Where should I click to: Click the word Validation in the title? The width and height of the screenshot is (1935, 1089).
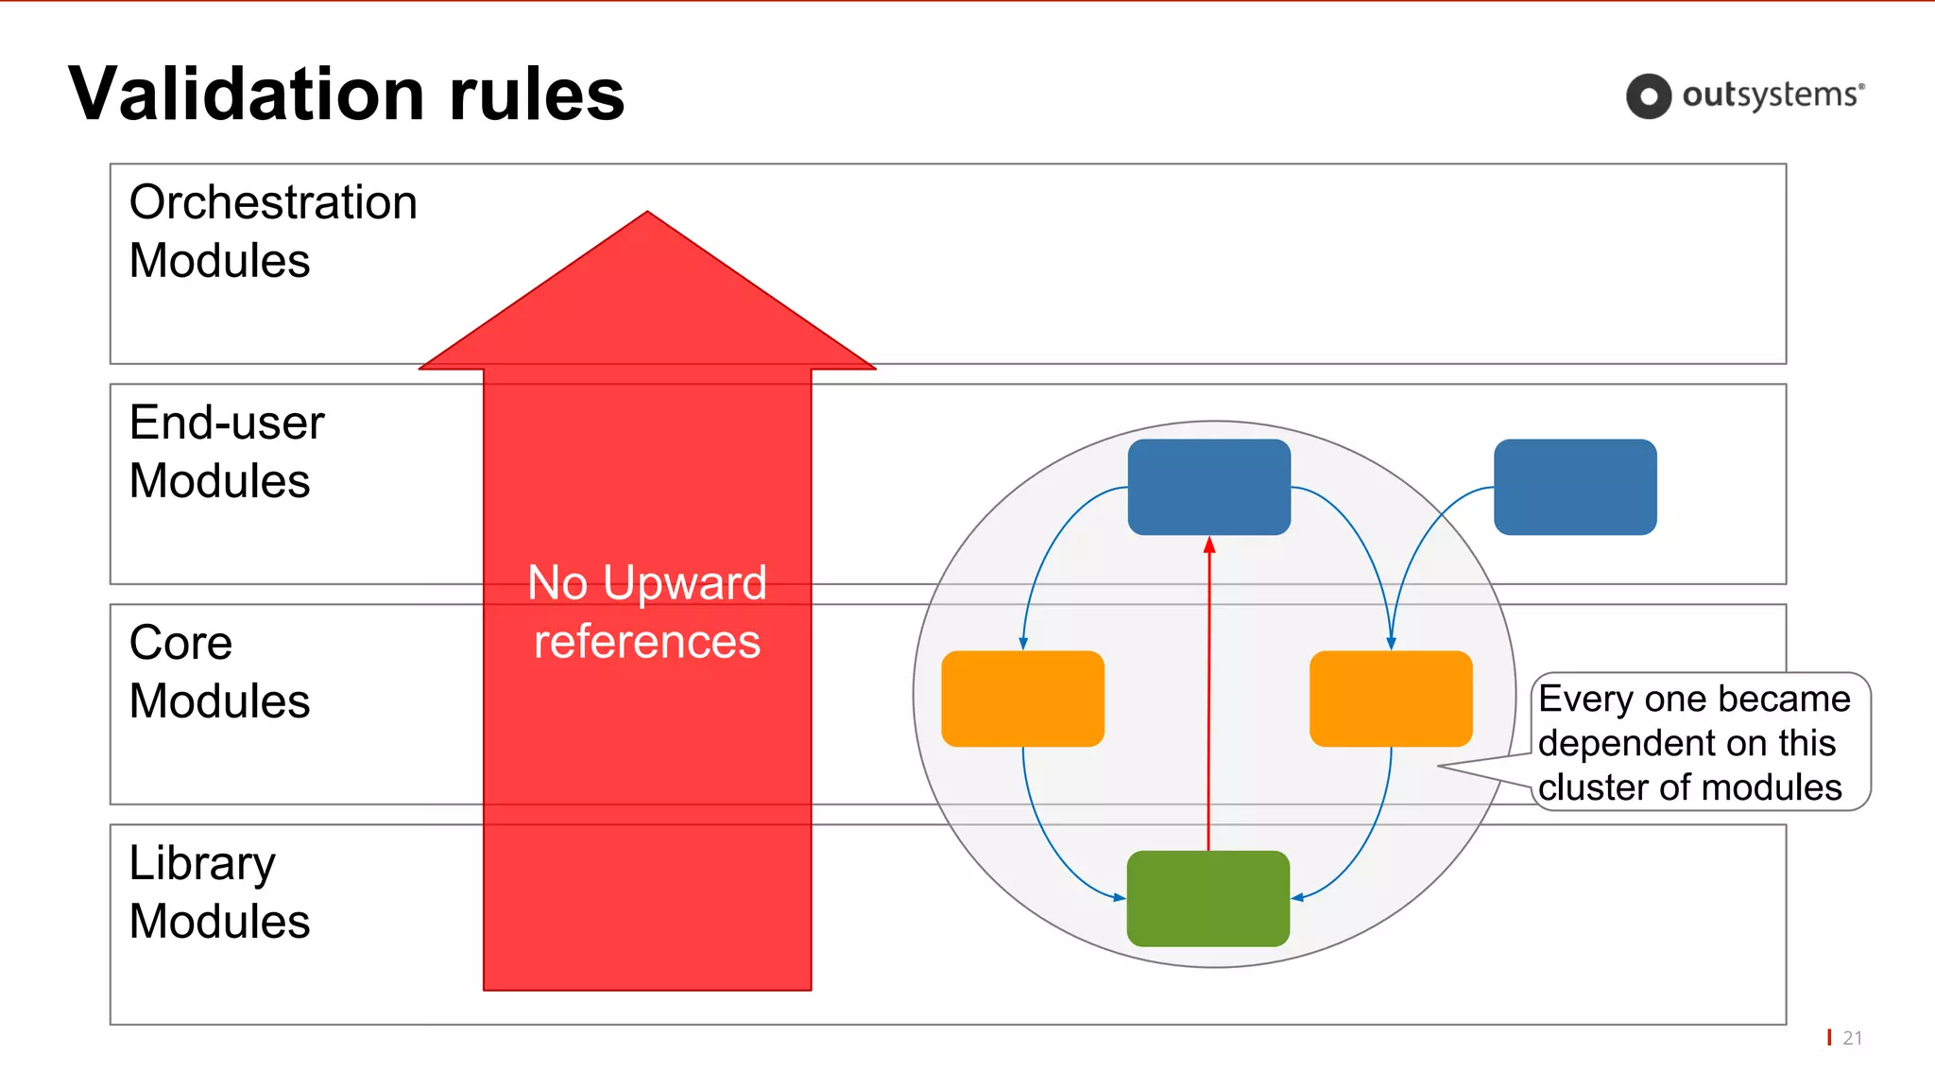(246, 94)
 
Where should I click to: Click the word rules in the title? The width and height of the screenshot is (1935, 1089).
(536, 94)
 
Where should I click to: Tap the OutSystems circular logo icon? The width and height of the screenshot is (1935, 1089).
(1649, 96)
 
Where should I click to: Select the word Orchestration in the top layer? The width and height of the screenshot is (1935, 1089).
(273, 202)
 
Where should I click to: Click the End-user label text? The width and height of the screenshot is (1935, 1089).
(227, 423)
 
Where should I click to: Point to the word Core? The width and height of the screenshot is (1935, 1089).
(180, 643)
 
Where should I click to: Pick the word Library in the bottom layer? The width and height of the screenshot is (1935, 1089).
(202, 863)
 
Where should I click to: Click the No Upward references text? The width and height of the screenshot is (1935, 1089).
(647, 611)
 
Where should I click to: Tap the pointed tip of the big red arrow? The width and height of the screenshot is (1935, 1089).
(647, 214)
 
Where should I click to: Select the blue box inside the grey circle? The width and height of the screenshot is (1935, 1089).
(1208, 487)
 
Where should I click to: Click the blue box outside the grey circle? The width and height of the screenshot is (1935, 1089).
(1575, 487)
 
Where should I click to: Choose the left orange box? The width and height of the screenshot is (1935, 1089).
(1022, 699)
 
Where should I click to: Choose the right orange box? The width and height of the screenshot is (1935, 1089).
(1391, 699)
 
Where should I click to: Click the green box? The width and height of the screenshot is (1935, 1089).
(1208, 898)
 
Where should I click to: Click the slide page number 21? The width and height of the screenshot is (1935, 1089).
(1852, 1038)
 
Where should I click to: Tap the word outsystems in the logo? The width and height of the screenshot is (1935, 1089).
(1771, 95)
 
